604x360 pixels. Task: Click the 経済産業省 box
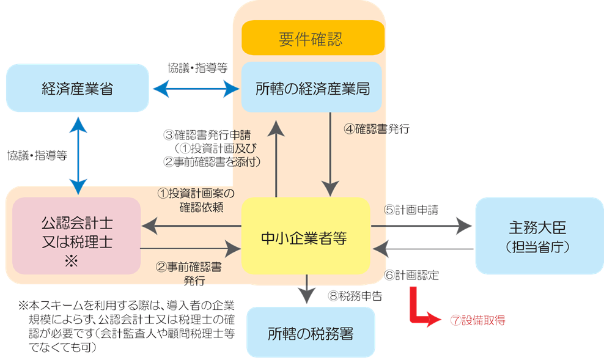coord(78,89)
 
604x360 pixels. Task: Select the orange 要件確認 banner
coord(312,39)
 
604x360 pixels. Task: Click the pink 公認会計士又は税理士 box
coord(76,235)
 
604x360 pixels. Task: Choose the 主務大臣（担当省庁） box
coord(539,236)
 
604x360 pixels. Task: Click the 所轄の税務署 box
coord(311,333)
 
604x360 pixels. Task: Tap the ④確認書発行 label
coord(377,130)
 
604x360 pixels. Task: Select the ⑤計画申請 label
coord(411,208)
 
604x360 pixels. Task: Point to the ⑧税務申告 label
coord(355,296)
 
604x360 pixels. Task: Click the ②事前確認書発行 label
coord(190,273)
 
